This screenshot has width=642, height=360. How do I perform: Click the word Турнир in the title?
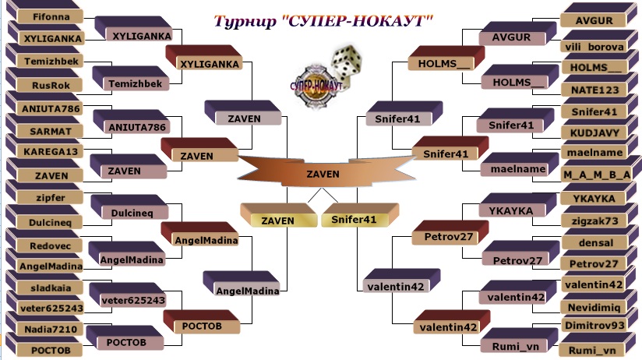(245, 20)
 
